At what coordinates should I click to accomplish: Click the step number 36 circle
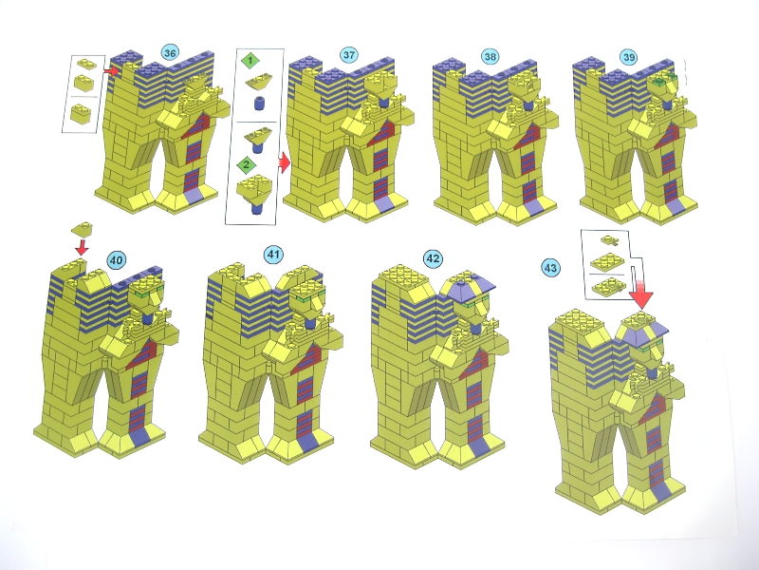pyautogui.click(x=170, y=53)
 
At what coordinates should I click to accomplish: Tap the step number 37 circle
pyautogui.click(x=348, y=55)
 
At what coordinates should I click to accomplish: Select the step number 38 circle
pyautogui.click(x=491, y=57)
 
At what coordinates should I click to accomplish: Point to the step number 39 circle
pyautogui.click(x=629, y=58)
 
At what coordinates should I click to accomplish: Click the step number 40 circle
pyautogui.click(x=116, y=260)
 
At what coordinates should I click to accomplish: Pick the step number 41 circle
pyautogui.click(x=274, y=255)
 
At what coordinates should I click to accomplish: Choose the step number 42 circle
pyautogui.click(x=433, y=258)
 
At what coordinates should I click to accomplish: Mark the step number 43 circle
pyautogui.click(x=550, y=268)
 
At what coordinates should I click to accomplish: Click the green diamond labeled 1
pyautogui.click(x=250, y=61)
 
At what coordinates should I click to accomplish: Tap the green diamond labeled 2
pyautogui.click(x=246, y=164)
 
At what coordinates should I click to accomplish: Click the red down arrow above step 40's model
pyautogui.click(x=83, y=247)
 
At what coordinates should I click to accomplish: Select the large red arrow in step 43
pyautogui.click(x=641, y=294)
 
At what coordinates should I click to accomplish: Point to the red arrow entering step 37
pyautogui.click(x=284, y=163)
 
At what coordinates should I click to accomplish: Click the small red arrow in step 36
pyautogui.click(x=111, y=71)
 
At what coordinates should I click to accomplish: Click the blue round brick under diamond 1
pyautogui.click(x=258, y=104)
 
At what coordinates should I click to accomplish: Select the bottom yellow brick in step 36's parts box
pyautogui.click(x=81, y=114)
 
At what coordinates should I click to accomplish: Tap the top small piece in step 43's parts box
pyautogui.click(x=608, y=239)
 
